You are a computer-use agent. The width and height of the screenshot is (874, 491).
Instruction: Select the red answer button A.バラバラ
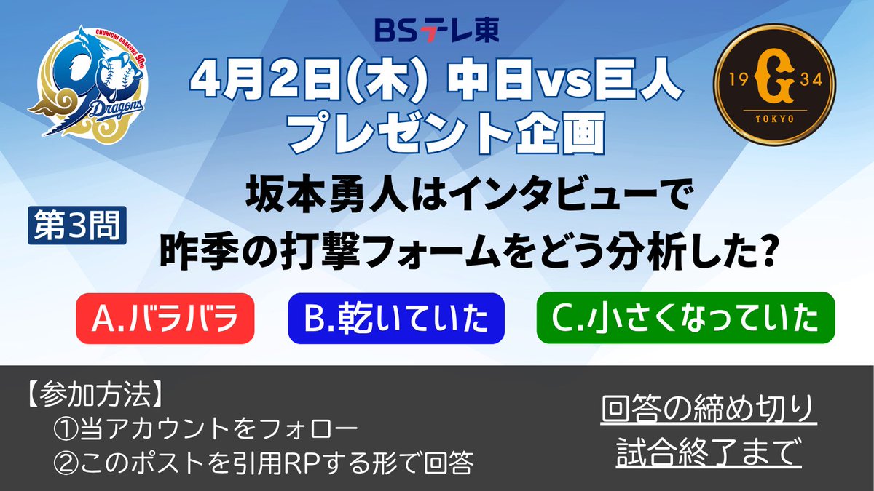click(165, 318)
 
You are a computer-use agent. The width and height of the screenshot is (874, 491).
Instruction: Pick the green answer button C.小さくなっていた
click(685, 318)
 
